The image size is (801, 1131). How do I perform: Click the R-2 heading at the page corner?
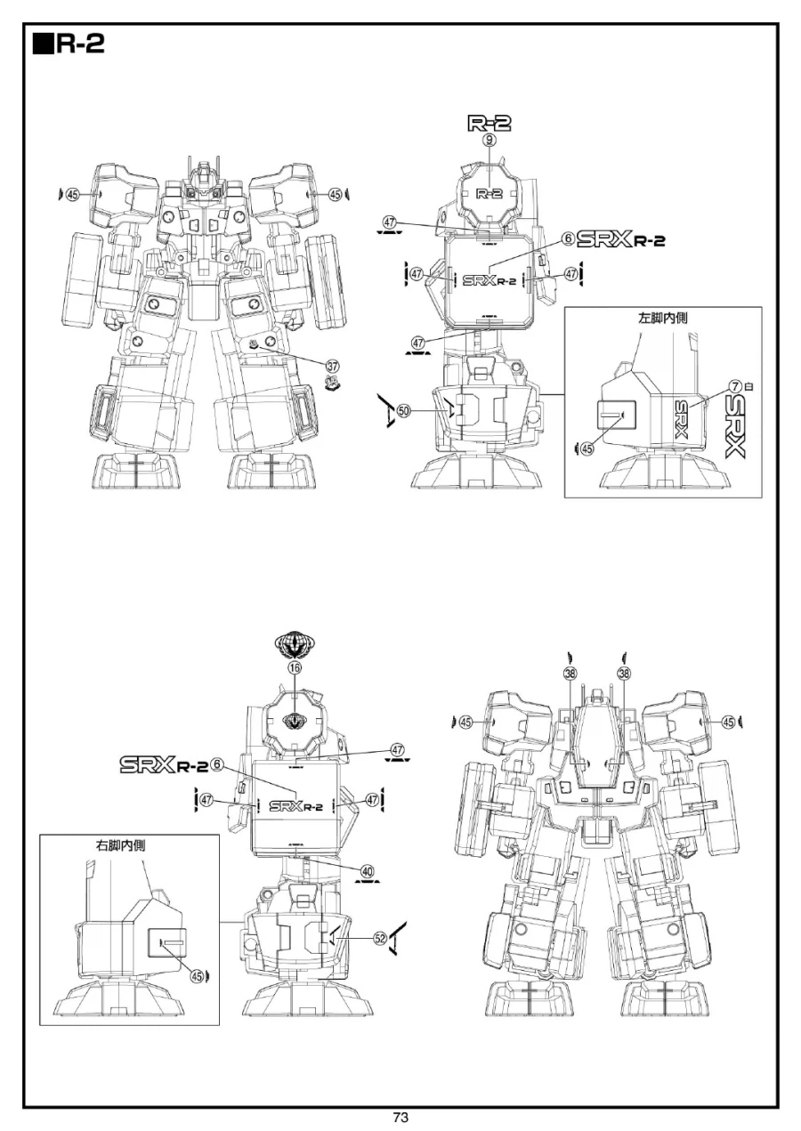pyautogui.click(x=69, y=44)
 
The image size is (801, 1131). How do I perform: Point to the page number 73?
pyautogui.click(x=400, y=1118)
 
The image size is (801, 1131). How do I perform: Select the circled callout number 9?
pyautogui.click(x=489, y=140)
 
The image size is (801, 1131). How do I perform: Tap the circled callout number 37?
pyautogui.click(x=333, y=366)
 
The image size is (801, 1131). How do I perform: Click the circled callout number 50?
pyautogui.click(x=403, y=411)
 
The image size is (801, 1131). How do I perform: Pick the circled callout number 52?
pyautogui.click(x=380, y=938)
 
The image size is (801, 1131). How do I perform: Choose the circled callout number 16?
pyautogui.click(x=294, y=667)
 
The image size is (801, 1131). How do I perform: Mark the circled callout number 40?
pyautogui.click(x=368, y=871)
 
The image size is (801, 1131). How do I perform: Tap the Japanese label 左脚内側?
pyautogui.click(x=663, y=318)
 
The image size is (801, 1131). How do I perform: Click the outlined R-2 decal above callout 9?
pyautogui.click(x=489, y=123)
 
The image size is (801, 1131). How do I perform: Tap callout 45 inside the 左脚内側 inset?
pyautogui.click(x=586, y=449)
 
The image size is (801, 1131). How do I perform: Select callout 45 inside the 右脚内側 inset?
pyautogui.click(x=198, y=975)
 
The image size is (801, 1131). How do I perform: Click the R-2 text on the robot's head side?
pyautogui.click(x=488, y=193)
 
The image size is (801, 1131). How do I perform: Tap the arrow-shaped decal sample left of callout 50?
pyautogui.click(x=384, y=411)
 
